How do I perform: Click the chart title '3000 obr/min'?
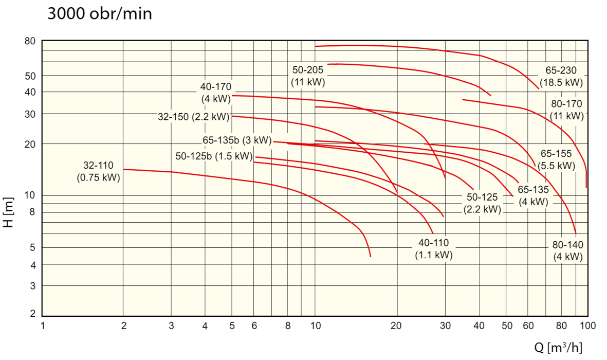click(100, 13)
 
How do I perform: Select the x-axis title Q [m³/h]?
click(558, 348)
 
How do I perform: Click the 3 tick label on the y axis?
click(32, 285)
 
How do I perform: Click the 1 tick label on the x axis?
click(44, 326)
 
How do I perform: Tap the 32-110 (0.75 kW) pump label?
click(98, 172)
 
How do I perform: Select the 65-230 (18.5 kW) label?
click(561, 76)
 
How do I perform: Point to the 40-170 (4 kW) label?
click(216, 93)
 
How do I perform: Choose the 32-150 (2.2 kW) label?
click(193, 117)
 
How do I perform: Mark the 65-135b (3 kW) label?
click(236, 140)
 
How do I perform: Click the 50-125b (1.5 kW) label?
click(214, 156)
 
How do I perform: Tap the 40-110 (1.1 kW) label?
click(434, 249)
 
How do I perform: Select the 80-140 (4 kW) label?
click(568, 251)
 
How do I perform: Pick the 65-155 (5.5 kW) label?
click(556, 159)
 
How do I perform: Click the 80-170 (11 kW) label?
click(567, 110)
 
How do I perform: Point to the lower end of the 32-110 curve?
click(370, 256)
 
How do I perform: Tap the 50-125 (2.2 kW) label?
click(482, 203)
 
